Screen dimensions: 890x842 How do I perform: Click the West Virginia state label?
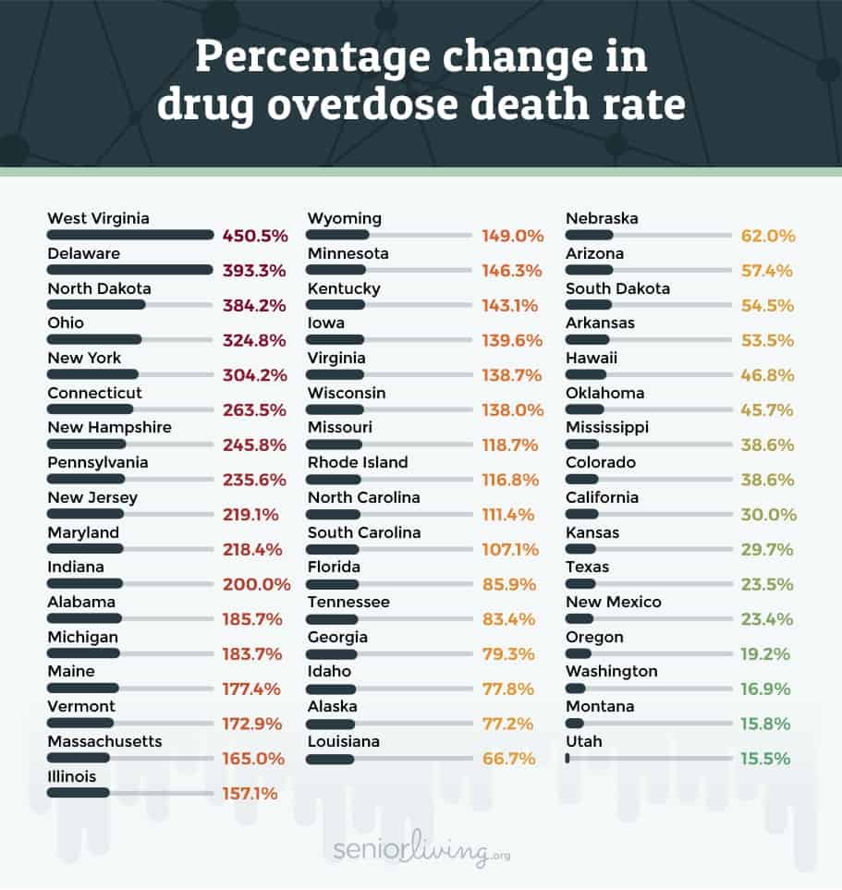click(98, 219)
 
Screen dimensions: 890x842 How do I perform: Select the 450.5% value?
click(256, 236)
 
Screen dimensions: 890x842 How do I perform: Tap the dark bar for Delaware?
click(130, 270)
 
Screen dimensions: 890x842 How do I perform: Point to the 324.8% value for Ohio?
click(256, 340)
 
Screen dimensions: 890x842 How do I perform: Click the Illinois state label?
click(72, 776)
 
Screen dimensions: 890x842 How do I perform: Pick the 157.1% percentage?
click(249, 793)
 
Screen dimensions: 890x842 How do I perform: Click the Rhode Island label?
click(358, 462)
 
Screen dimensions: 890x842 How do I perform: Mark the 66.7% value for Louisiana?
click(512, 759)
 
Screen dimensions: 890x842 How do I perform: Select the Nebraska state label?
click(602, 219)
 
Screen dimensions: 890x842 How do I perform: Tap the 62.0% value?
click(768, 236)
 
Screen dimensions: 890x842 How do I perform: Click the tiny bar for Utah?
click(567, 758)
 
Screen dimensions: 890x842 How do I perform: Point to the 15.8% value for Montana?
click(767, 724)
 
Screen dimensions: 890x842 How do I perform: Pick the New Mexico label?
click(614, 602)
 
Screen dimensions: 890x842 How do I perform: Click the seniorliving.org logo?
click(421, 850)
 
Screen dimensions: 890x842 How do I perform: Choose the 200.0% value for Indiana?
click(256, 584)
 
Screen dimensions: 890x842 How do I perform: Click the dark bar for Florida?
click(333, 584)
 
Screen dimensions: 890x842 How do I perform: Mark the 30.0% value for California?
click(768, 515)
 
